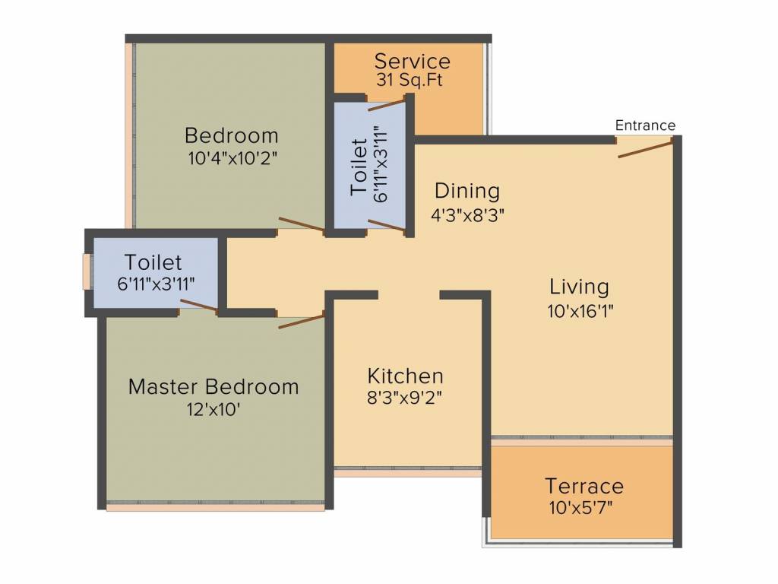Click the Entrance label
[x=645, y=125]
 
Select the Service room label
[x=413, y=62]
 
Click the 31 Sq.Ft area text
[x=410, y=80]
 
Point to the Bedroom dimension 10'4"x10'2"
[x=232, y=158]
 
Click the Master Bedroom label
[x=213, y=387]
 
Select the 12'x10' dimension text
[x=213, y=410]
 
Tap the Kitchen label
[x=405, y=376]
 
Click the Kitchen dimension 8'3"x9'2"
[x=404, y=398]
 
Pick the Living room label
[x=579, y=287]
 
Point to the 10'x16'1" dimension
[x=580, y=311]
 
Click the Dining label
[x=467, y=192]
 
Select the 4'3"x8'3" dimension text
[x=467, y=215]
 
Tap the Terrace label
[x=584, y=486]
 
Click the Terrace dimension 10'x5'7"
[x=581, y=508]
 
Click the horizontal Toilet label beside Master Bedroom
[x=153, y=262]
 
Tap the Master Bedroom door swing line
[x=301, y=321]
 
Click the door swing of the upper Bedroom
[x=302, y=224]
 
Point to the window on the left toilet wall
[x=87, y=271]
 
